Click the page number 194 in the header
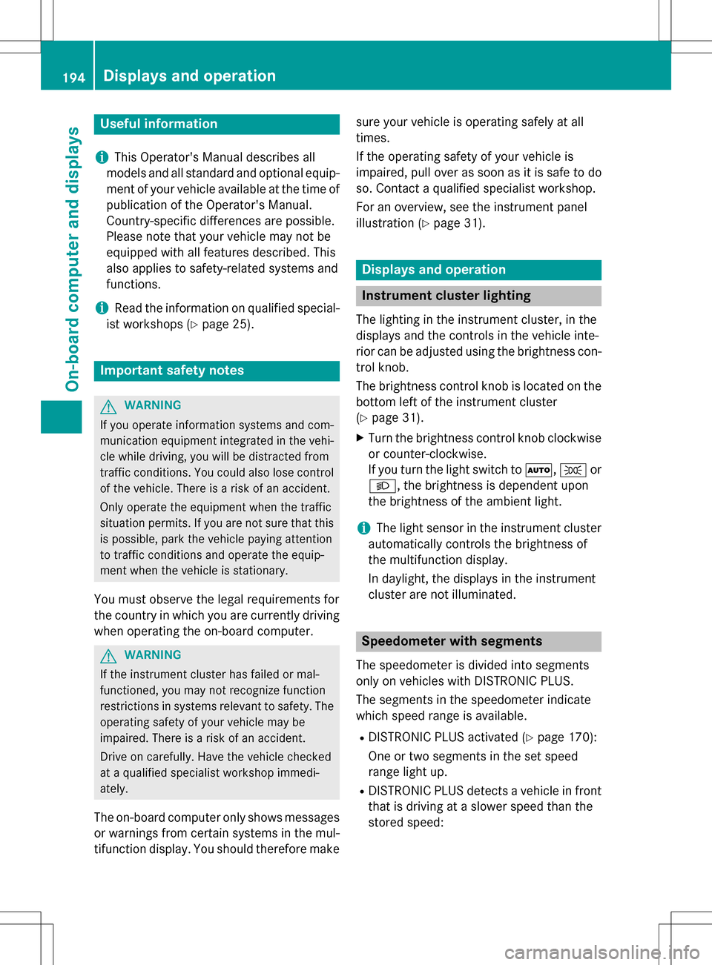[x=73, y=77]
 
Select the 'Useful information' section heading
[x=159, y=124]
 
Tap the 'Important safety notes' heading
[x=172, y=371]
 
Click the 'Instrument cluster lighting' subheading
[x=446, y=296]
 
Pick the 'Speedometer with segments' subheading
[x=452, y=641]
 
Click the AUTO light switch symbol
[x=538, y=470]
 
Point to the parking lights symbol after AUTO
[x=573, y=470]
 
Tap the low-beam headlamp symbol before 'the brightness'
[x=381, y=486]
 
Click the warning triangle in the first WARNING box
[x=108, y=406]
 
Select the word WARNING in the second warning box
[x=153, y=655]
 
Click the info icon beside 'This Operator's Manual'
[x=102, y=157]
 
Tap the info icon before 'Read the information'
[x=102, y=308]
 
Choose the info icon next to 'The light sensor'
[x=363, y=528]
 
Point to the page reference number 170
[x=579, y=737]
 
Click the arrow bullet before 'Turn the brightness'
[x=360, y=438]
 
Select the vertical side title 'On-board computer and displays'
[x=73, y=259]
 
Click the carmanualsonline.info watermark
[x=601, y=952]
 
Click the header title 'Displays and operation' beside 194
[x=189, y=76]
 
